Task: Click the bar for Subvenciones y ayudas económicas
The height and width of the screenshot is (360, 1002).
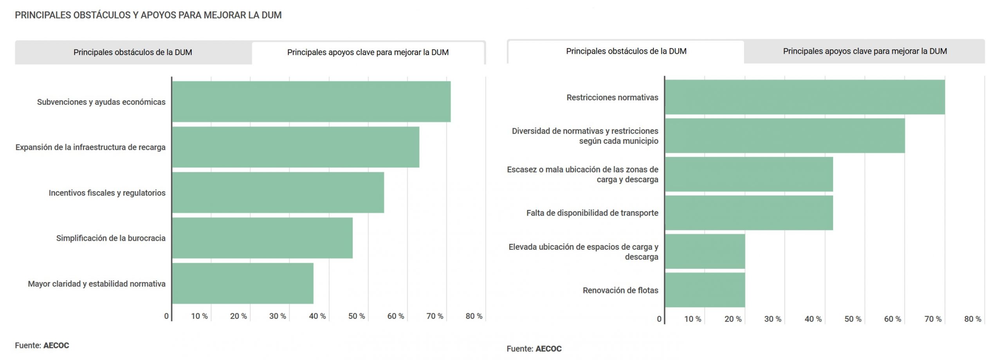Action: point(311,102)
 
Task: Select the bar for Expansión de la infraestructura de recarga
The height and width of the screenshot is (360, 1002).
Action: point(296,147)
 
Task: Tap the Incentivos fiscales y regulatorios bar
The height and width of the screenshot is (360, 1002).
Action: point(278,193)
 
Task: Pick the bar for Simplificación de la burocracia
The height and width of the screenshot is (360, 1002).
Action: point(262,238)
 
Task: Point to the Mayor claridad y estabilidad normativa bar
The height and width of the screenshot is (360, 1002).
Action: point(243,283)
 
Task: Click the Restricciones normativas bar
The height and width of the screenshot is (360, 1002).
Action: point(805,97)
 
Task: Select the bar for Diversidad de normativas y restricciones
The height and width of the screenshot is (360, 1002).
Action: point(785,135)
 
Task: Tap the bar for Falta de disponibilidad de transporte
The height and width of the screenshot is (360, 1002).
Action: point(749,213)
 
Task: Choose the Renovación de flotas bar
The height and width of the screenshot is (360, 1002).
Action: point(705,290)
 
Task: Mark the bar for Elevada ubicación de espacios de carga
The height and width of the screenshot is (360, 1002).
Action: point(705,251)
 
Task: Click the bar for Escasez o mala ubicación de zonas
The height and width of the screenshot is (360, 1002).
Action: point(749,174)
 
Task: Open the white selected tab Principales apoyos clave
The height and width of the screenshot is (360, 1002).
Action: point(368,52)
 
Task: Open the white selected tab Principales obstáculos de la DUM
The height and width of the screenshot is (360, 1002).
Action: point(626,51)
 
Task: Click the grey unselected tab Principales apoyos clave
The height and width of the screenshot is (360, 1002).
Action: point(865,51)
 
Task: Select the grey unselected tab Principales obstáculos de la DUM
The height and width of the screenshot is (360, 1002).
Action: point(133,52)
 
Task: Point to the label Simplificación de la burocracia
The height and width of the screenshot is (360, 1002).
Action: point(111,238)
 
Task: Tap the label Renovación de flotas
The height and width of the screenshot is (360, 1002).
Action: point(620,290)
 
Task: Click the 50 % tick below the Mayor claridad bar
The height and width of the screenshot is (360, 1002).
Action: point(356,316)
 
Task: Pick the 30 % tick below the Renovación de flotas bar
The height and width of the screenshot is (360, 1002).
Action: point(772,319)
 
